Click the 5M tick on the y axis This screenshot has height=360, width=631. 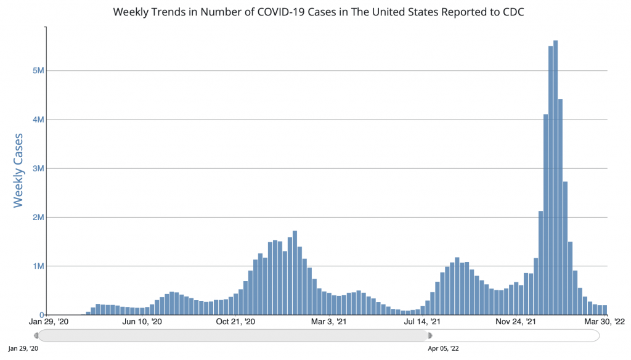[38, 70]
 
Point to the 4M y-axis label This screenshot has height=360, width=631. [38, 119]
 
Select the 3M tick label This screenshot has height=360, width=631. [38, 168]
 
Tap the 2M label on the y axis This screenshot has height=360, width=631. [38, 217]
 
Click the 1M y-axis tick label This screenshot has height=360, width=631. [38, 266]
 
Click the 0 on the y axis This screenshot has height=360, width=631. [41, 315]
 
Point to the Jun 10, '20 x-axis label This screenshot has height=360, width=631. [142, 322]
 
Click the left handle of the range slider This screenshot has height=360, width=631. [36, 335]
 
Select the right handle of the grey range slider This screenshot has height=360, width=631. [429, 335]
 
